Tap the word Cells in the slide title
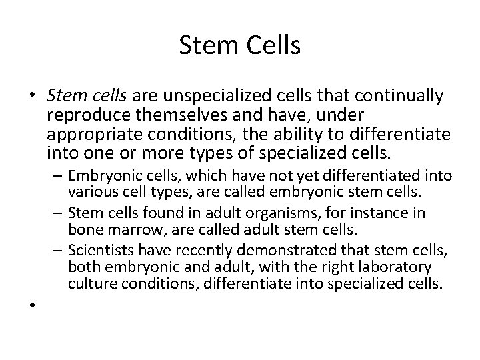click(x=273, y=47)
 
